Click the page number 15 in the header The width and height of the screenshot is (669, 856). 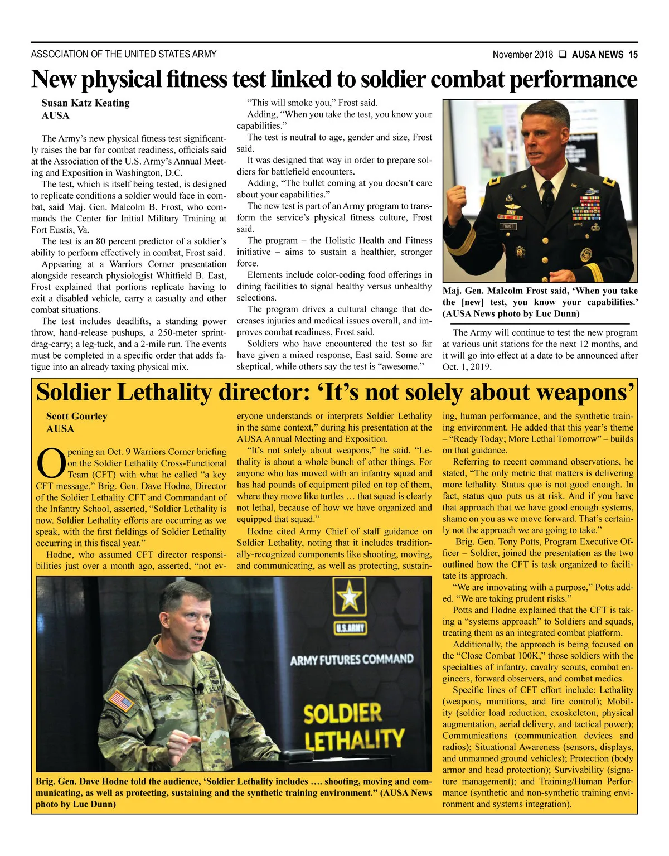(633, 55)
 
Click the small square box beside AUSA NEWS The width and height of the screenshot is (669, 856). (563, 55)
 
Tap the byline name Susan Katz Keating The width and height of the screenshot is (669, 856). (85, 103)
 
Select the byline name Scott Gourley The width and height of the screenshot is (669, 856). (76, 417)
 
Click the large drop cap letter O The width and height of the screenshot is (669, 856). (51, 463)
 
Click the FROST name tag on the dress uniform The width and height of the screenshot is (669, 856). (508, 226)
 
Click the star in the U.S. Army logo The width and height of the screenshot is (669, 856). (350, 597)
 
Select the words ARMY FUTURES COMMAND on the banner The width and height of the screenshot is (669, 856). (352, 660)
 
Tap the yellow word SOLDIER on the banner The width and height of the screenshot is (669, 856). (342, 714)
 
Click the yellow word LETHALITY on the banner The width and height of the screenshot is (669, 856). (354, 740)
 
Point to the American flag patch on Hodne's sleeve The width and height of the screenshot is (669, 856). (120, 700)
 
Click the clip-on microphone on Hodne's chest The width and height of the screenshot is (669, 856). (200, 689)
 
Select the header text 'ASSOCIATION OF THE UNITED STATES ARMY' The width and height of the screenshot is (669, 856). (124, 55)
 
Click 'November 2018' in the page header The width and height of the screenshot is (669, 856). (523, 55)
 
